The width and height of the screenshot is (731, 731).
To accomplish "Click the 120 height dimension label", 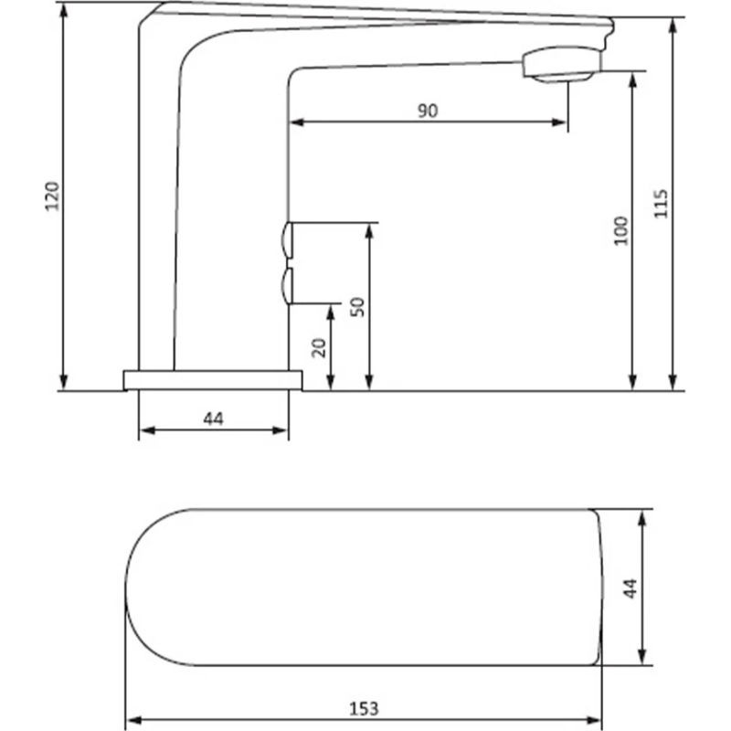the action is point(53,196).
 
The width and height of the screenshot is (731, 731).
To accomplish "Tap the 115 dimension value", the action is point(661,203).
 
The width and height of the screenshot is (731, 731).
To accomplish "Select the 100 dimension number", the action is point(621,231).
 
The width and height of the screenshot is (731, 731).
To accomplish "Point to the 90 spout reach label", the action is point(428,111).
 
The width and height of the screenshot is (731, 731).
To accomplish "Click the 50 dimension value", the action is point(358,307).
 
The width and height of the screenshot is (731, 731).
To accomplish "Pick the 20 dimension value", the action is point(319,348).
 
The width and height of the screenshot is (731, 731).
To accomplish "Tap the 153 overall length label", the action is point(364,709).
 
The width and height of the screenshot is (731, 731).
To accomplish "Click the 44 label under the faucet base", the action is point(214,418).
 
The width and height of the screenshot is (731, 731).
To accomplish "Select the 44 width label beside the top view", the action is point(630,588).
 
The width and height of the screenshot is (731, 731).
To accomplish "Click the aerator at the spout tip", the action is point(561,64).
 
